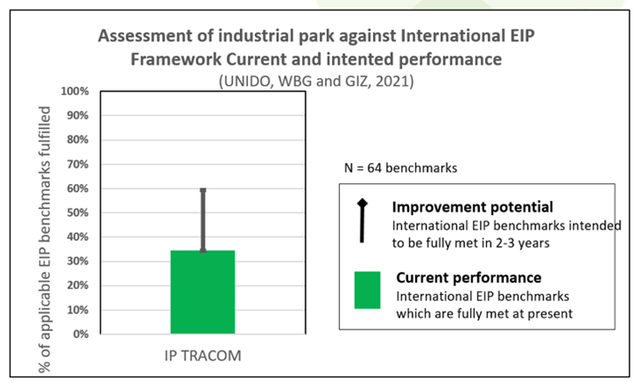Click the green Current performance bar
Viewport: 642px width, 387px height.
pyautogui.click(x=203, y=291)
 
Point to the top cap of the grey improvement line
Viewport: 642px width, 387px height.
pyautogui.click(x=203, y=190)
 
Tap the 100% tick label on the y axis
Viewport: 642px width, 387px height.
pyautogui.click(x=75, y=91)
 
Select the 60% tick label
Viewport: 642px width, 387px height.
pyautogui.click(x=78, y=189)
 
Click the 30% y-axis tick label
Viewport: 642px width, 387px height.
pyautogui.click(x=78, y=261)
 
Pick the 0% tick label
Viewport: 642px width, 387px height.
pyautogui.click(x=81, y=334)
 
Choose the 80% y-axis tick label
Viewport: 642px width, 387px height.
pyautogui.click(x=78, y=140)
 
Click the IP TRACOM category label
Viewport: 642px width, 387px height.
pyautogui.click(x=203, y=355)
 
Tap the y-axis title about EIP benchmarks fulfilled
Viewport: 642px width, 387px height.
pyautogui.click(x=44, y=240)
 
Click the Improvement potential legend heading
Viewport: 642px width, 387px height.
pyautogui.click(x=473, y=207)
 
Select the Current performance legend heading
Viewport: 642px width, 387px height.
pyautogui.click(x=468, y=277)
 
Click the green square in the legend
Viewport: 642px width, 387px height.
pyautogui.click(x=367, y=290)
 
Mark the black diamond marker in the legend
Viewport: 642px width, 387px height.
pyautogui.click(x=362, y=203)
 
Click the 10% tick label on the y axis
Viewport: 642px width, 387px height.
pyautogui.click(x=78, y=310)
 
